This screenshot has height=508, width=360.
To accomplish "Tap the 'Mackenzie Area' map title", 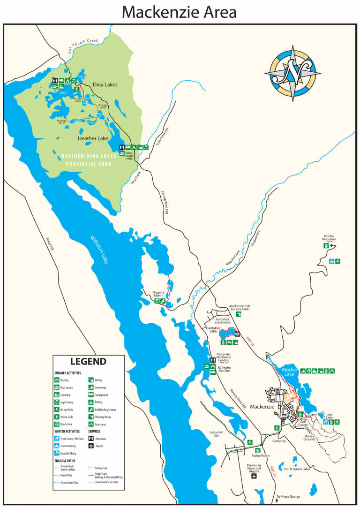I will coord(180,12).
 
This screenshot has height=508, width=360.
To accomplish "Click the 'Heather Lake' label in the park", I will coord(93,138).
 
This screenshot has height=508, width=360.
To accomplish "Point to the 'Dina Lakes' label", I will coord(105,84).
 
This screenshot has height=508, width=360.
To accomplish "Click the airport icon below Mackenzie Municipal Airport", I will coord(254,476).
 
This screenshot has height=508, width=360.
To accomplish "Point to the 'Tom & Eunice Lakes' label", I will coord(294,469).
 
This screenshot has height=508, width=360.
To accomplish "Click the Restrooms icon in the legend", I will coord(91,439).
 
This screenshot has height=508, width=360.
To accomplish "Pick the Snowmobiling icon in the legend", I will coord(56,446).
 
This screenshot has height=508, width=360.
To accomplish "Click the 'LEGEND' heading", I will coord(88,361).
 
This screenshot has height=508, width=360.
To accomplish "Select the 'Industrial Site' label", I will coord(217,434).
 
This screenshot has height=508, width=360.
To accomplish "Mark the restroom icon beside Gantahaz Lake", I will coord(238,334).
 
